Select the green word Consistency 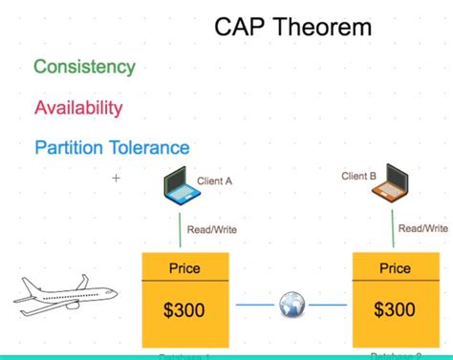(x=84, y=67)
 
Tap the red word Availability (x=78, y=107)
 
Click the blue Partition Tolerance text (x=112, y=148)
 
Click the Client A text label (x=214, y=180)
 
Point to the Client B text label (x=359, y=176)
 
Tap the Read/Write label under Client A (x=211, y=229)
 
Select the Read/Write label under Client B (x=422, y=228)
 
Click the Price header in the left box (x=184, y=268)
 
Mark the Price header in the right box (x=395, y=268)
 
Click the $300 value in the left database (x=184, y=309)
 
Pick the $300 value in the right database (x=395, y=309)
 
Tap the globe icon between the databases (x=291, y=306)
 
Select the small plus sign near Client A (x=117, y=178)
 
